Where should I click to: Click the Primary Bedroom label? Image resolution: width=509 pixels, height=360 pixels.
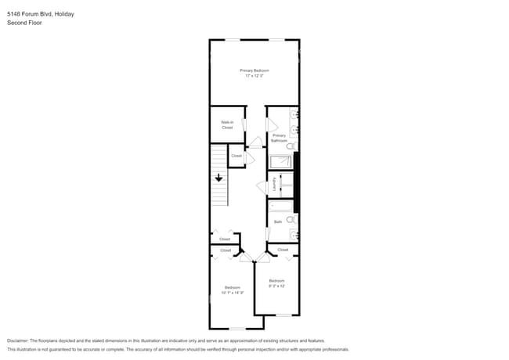[x=254, y=70]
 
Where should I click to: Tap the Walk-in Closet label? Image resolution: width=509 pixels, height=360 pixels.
[x=227, y=124]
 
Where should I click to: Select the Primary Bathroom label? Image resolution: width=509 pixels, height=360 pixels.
[x=279, y=138]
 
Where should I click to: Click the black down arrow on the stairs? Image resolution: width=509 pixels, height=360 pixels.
[x=219, y=178]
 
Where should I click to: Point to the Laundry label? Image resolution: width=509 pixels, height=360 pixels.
[x=274, y=185]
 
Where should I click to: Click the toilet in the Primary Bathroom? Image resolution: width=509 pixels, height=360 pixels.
[x=291, y=146]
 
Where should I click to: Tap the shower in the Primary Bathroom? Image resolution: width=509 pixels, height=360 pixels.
[x=280, y=162]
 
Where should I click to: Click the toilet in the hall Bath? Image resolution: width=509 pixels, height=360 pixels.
[x=291, y=220]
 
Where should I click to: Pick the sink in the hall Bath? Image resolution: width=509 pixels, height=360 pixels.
[x=294, y=234]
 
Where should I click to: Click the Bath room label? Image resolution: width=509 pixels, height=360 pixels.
[x=277, y=222]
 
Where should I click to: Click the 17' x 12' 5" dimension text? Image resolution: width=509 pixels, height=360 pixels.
[x=254, y=76]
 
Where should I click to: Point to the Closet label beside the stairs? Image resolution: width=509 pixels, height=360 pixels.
[x=236, y=156]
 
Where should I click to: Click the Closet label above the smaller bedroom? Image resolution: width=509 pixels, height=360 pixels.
[x=283, y=250]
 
